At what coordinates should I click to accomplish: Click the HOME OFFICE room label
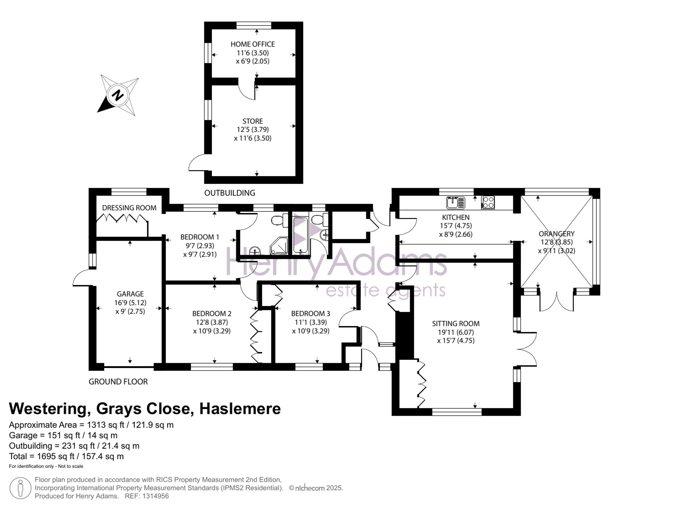(252, 44)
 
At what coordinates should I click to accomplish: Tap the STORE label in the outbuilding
(252, 121)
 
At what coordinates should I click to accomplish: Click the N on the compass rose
(118, 95)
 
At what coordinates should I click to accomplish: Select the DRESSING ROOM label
(129, 208)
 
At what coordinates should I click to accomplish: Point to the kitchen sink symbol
(456, 203)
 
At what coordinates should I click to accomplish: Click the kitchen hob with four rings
(488, 202)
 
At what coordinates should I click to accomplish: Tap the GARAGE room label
(130, 294)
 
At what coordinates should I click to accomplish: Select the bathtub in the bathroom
(300, 235)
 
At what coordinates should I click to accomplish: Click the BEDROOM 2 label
(212, 313)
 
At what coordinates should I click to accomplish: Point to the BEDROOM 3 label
(311, 313)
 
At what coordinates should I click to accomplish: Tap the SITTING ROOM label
(456, 323)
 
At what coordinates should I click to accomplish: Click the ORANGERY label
(556, 234)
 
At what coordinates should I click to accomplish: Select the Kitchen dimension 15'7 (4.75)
(456, 226)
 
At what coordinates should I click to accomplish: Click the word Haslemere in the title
(240, 409)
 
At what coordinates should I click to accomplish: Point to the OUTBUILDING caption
(229, 193)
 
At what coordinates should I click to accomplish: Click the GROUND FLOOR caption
(118, 382)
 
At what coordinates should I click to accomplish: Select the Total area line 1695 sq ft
(66, 456)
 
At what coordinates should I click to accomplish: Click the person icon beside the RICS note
(21, 488)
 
